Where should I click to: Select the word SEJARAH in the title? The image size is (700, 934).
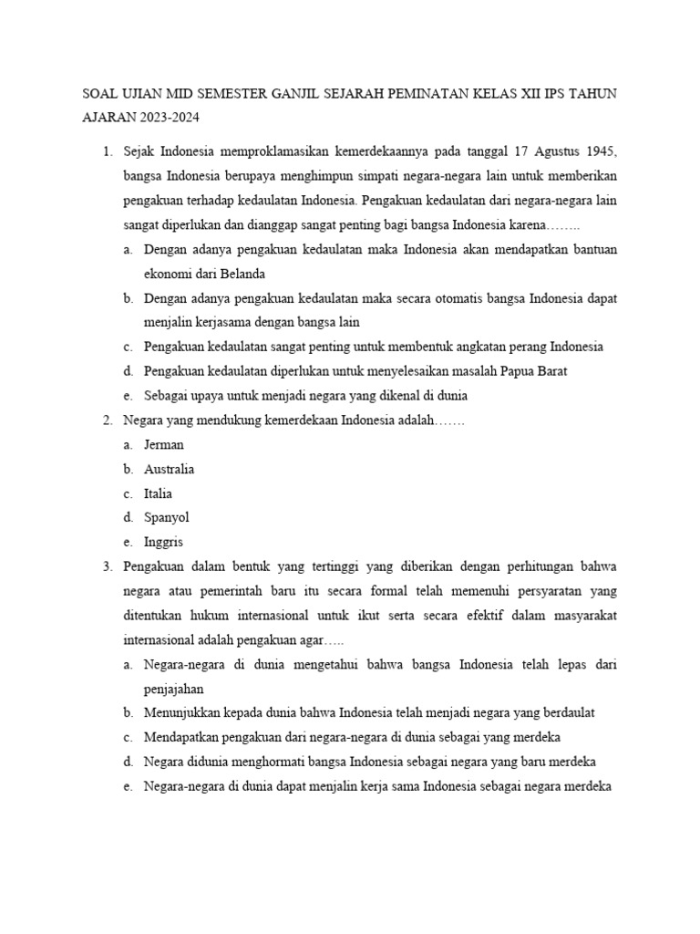coord(337,93)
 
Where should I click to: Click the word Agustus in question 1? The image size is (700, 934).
coord(552,150)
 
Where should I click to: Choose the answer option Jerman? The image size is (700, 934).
coord(164,445)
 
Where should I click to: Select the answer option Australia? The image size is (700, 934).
coord(170,470)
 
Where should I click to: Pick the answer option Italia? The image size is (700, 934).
coord(159,494)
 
